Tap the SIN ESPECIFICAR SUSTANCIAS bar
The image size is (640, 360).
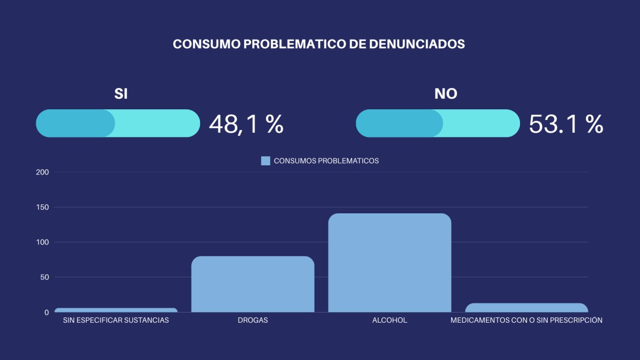[x=116, y=310]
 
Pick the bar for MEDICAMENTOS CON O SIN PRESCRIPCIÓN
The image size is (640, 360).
[x=526, y=308]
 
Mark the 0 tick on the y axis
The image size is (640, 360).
[x=46, y=312]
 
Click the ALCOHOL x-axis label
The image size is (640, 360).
[x=389, y=321]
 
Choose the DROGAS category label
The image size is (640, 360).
[x=253, y=321]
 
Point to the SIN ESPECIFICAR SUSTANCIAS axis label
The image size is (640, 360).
[x=116, y=321]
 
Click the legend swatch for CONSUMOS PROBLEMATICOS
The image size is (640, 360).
[x=266, y=161]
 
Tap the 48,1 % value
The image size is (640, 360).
[x=246, y=124]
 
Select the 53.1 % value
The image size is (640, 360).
[x=566, y=124]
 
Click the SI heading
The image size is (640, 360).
[x=121, y=94]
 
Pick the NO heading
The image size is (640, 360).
[x=446, y=94]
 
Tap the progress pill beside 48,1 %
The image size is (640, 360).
[x=118, y=123]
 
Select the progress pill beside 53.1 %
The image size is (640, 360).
[x=438, y=123]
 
